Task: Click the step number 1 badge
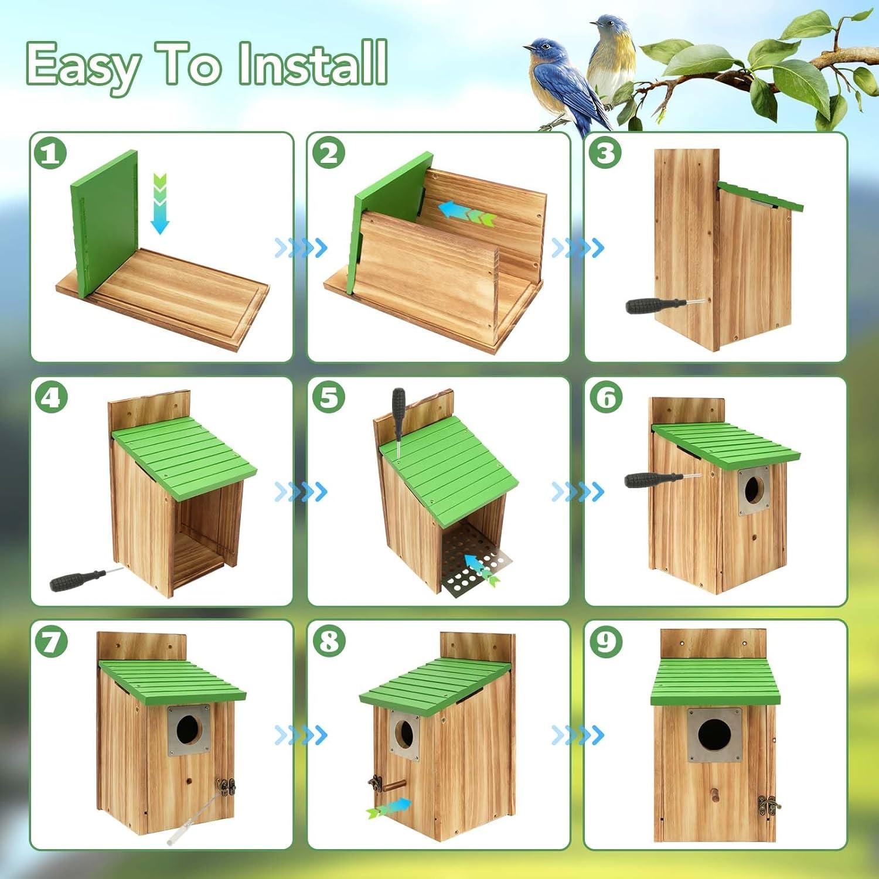(50, 154)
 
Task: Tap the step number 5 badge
(328, 397)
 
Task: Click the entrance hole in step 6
(753, 489)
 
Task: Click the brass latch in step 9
(768, 805)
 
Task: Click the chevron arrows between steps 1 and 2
(301, 248)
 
